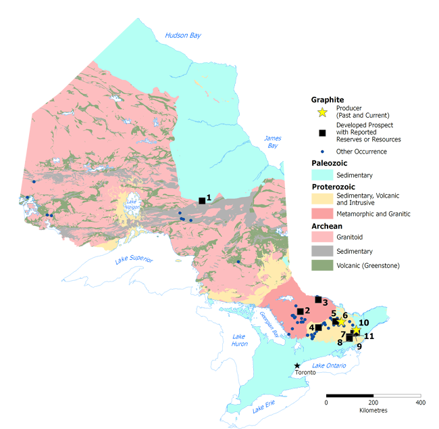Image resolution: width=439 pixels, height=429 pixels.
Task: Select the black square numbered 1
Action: (x=202, y=200)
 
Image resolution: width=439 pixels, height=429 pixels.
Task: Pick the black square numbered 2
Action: (x=300, y=311)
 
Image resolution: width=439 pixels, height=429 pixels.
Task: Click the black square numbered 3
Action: (x=318, y=299)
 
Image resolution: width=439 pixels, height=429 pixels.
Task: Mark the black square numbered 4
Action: (x=318, y=328)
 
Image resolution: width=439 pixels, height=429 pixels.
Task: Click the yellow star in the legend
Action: (x=322, y=112)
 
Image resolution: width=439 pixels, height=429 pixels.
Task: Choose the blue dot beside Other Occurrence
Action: (x=322, y=152)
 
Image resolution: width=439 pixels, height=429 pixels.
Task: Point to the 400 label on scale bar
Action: (x=420, y=403)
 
